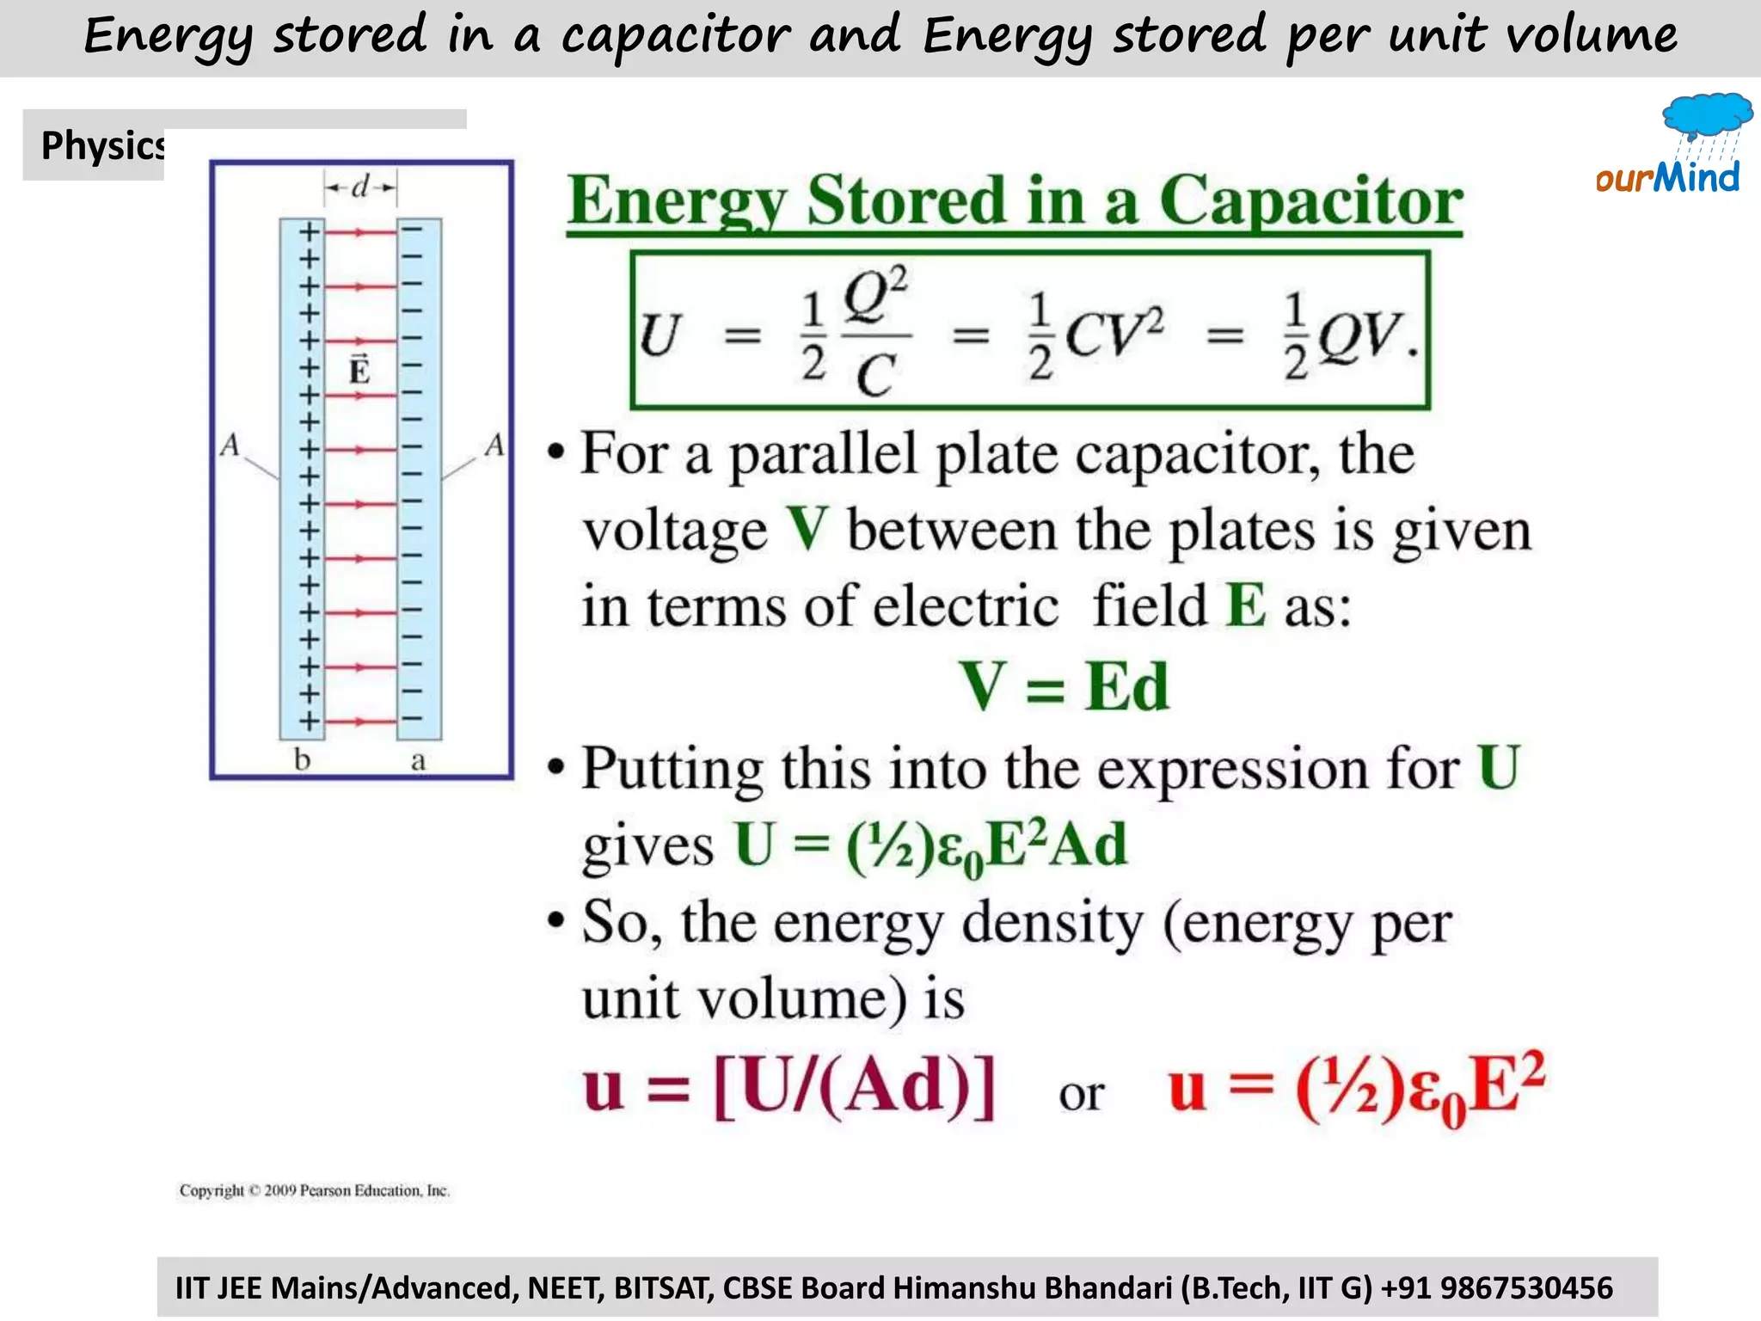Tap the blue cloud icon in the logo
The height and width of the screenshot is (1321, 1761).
(x=1707, y=114)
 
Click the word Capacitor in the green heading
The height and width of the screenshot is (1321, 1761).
(x=1310, y=201)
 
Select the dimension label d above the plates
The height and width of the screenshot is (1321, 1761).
(x=360, y=186)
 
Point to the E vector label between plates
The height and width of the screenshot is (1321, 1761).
(x=359, y=370)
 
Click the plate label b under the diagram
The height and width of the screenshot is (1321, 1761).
(x=302, y=759)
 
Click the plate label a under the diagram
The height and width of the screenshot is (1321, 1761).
(x=418, y=760)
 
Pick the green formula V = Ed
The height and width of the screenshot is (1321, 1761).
(x=1065, y=686)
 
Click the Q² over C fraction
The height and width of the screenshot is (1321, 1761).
(x=875, y=334)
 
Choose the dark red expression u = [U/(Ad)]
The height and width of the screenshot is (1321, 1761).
(x=788, y=1089)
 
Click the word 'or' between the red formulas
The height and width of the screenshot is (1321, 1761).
(x=1081, y=1095)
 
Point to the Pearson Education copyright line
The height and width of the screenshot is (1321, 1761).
(x=314, y=1190)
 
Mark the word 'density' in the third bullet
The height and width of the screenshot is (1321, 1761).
(x=1052, y=924)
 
